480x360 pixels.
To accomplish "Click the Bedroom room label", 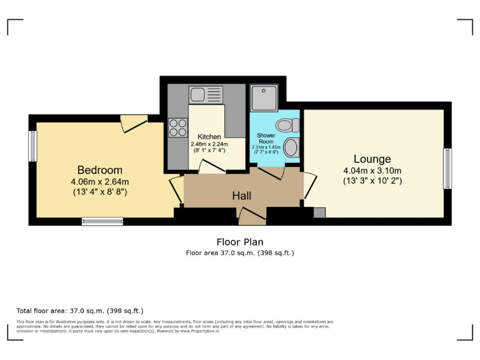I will point(99,170).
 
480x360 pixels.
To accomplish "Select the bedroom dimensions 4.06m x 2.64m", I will point(99,181).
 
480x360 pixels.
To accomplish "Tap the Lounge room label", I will point(372,159).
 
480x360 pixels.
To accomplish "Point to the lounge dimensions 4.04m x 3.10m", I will point(372,171).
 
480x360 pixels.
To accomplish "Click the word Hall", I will point(242,196).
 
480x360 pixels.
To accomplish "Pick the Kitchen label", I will point(209,137).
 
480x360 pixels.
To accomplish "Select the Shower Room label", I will point(266,138).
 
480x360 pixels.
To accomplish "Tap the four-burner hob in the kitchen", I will point(177,127).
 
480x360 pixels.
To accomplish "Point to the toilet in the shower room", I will point(288,125).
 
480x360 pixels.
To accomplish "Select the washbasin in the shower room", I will point(291,148).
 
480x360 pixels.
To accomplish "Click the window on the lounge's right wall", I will point(447,169).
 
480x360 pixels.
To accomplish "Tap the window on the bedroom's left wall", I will point(32,145).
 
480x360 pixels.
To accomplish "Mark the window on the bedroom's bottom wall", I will point(102,221).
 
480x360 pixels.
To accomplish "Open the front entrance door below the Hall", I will point(251,217).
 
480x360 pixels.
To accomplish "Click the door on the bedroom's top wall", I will point(133,122).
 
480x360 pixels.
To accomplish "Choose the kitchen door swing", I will point(210,166).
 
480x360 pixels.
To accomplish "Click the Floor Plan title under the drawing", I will point(239,242).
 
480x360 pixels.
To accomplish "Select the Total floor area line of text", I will point(79,310).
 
